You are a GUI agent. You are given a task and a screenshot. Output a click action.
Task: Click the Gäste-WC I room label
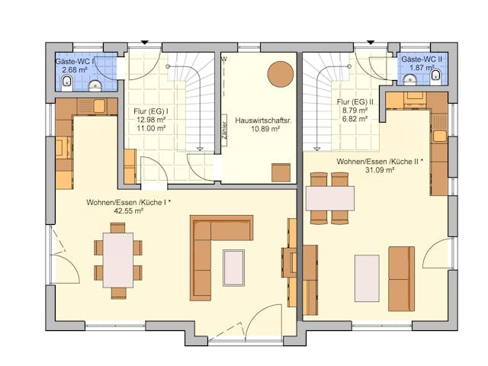74,61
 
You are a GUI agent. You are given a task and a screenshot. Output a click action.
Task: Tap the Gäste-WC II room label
420,59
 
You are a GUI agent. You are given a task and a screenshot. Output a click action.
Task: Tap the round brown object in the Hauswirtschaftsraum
280,74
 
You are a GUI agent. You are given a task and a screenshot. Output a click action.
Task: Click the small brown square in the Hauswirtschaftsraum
281,172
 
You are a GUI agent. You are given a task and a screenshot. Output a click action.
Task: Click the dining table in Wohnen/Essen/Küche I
117,260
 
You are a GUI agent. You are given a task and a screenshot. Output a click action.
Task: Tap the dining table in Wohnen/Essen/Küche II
329,198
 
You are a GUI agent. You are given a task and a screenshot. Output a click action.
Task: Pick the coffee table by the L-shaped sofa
234,267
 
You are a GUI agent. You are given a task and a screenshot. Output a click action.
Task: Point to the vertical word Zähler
223,127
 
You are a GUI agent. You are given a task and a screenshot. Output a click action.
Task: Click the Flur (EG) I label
151,110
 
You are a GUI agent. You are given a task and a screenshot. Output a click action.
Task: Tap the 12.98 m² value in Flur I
151,120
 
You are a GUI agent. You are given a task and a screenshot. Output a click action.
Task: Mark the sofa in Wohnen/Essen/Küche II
400,278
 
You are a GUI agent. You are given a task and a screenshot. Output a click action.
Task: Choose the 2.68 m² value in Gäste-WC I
72,70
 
